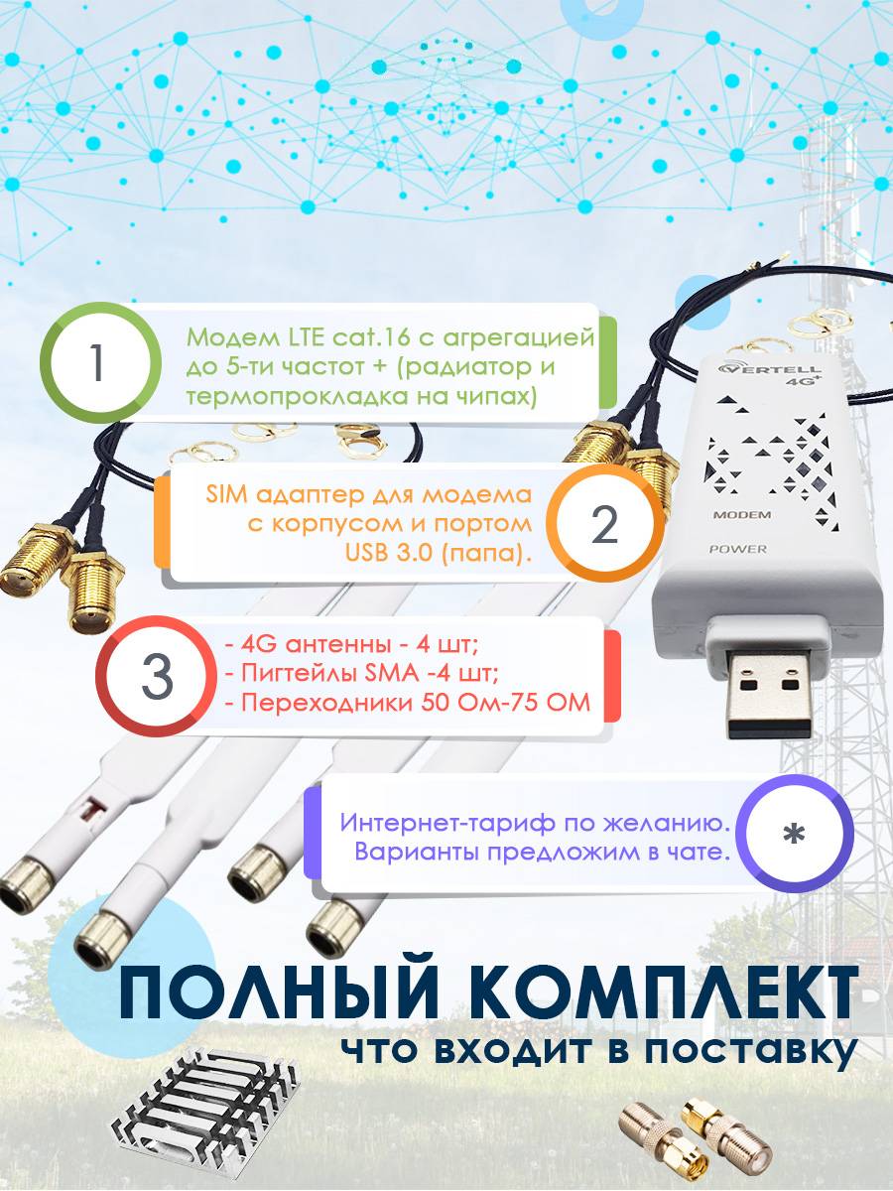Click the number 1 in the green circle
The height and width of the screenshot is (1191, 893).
pyautogui.click(x=97, y=362)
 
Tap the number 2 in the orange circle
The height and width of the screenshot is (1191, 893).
pyautogui.click(x=604, y=524)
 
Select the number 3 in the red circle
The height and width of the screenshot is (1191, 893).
pyautogui.click(x=157, y=677)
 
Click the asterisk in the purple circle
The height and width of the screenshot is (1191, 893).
pyautogui.click(x=794, y=834)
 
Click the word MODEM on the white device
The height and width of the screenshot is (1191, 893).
pyautogui.click(x=742, y=514)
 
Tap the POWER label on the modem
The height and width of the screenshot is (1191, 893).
pyautogui.click(x=738, y=549)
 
